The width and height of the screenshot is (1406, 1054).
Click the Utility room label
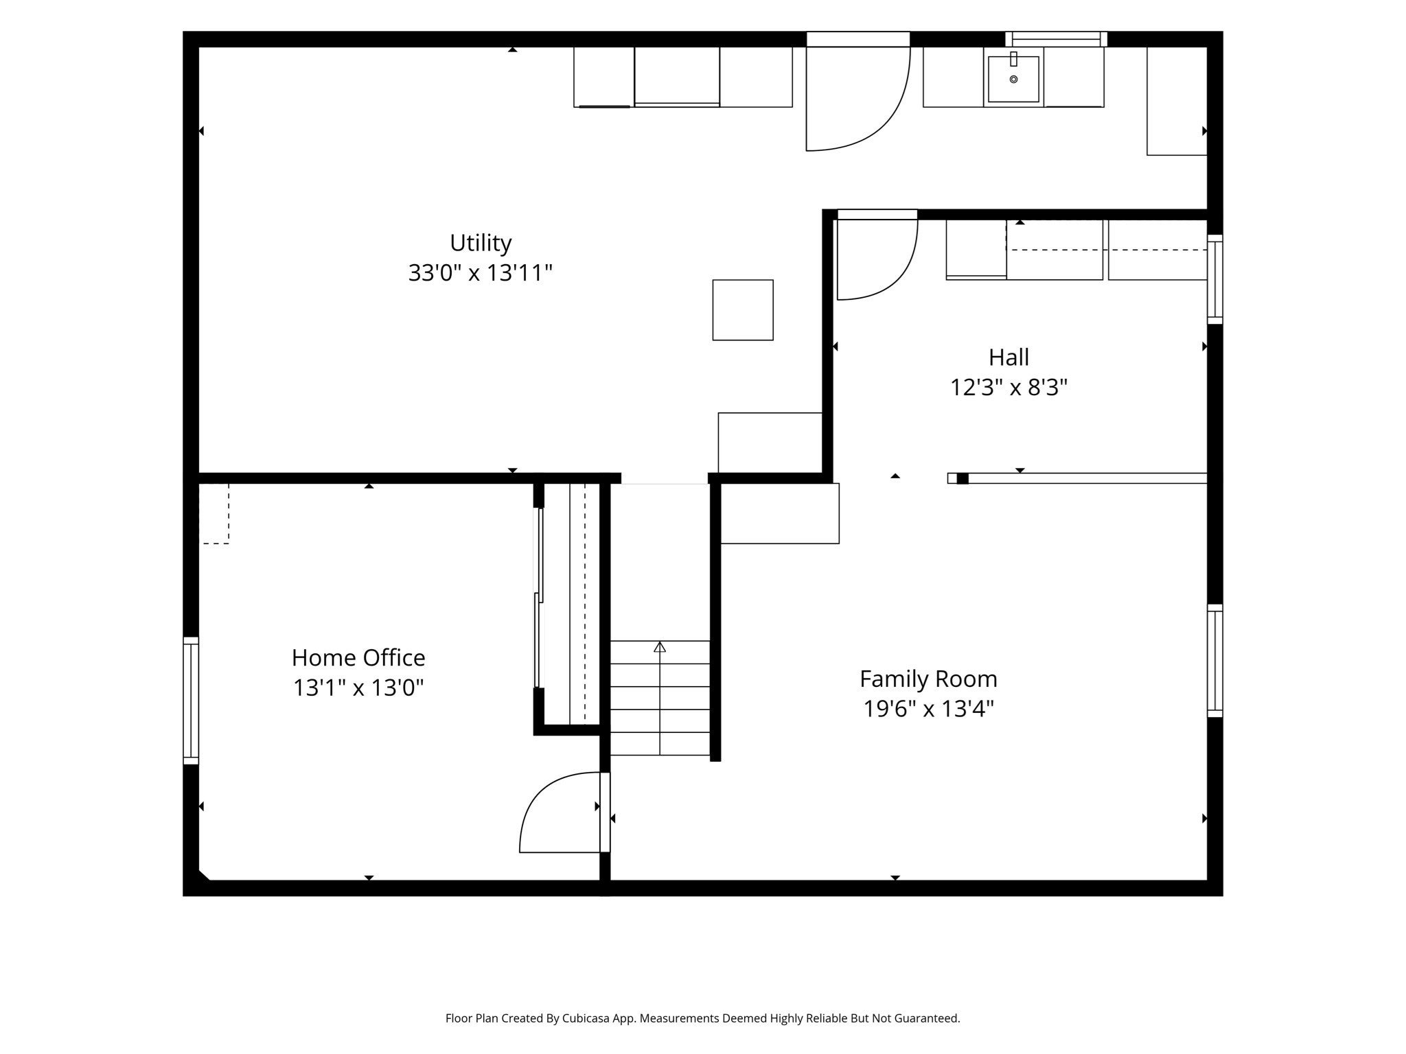tap(481, 243)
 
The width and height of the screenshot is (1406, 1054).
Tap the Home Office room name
tap(358, 658)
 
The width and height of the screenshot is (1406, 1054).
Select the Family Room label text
tap(928, 679)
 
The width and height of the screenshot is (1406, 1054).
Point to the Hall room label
tap(1009, 358)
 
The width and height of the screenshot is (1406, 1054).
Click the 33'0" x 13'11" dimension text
tap(481, 273)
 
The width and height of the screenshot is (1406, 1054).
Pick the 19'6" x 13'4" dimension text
tap(928, 709)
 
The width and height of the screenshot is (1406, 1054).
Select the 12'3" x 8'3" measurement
tap(1009, 388)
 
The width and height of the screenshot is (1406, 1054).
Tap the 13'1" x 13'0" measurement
tap(358, 688)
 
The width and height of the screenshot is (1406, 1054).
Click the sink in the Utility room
tap(1013, 78)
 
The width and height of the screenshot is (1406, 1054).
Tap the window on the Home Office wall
tap(191, 701)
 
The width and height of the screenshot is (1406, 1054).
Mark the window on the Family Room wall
tap(1214, 661)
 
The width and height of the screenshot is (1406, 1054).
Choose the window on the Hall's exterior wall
tap(1214, 279)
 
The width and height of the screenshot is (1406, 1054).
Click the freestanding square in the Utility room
tap(743, 310)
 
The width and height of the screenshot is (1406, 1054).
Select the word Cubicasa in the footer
tap(588, 1018)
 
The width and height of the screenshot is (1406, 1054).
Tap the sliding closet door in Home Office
tap(539, 598)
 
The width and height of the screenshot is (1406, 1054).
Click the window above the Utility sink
tap(1056, 39)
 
